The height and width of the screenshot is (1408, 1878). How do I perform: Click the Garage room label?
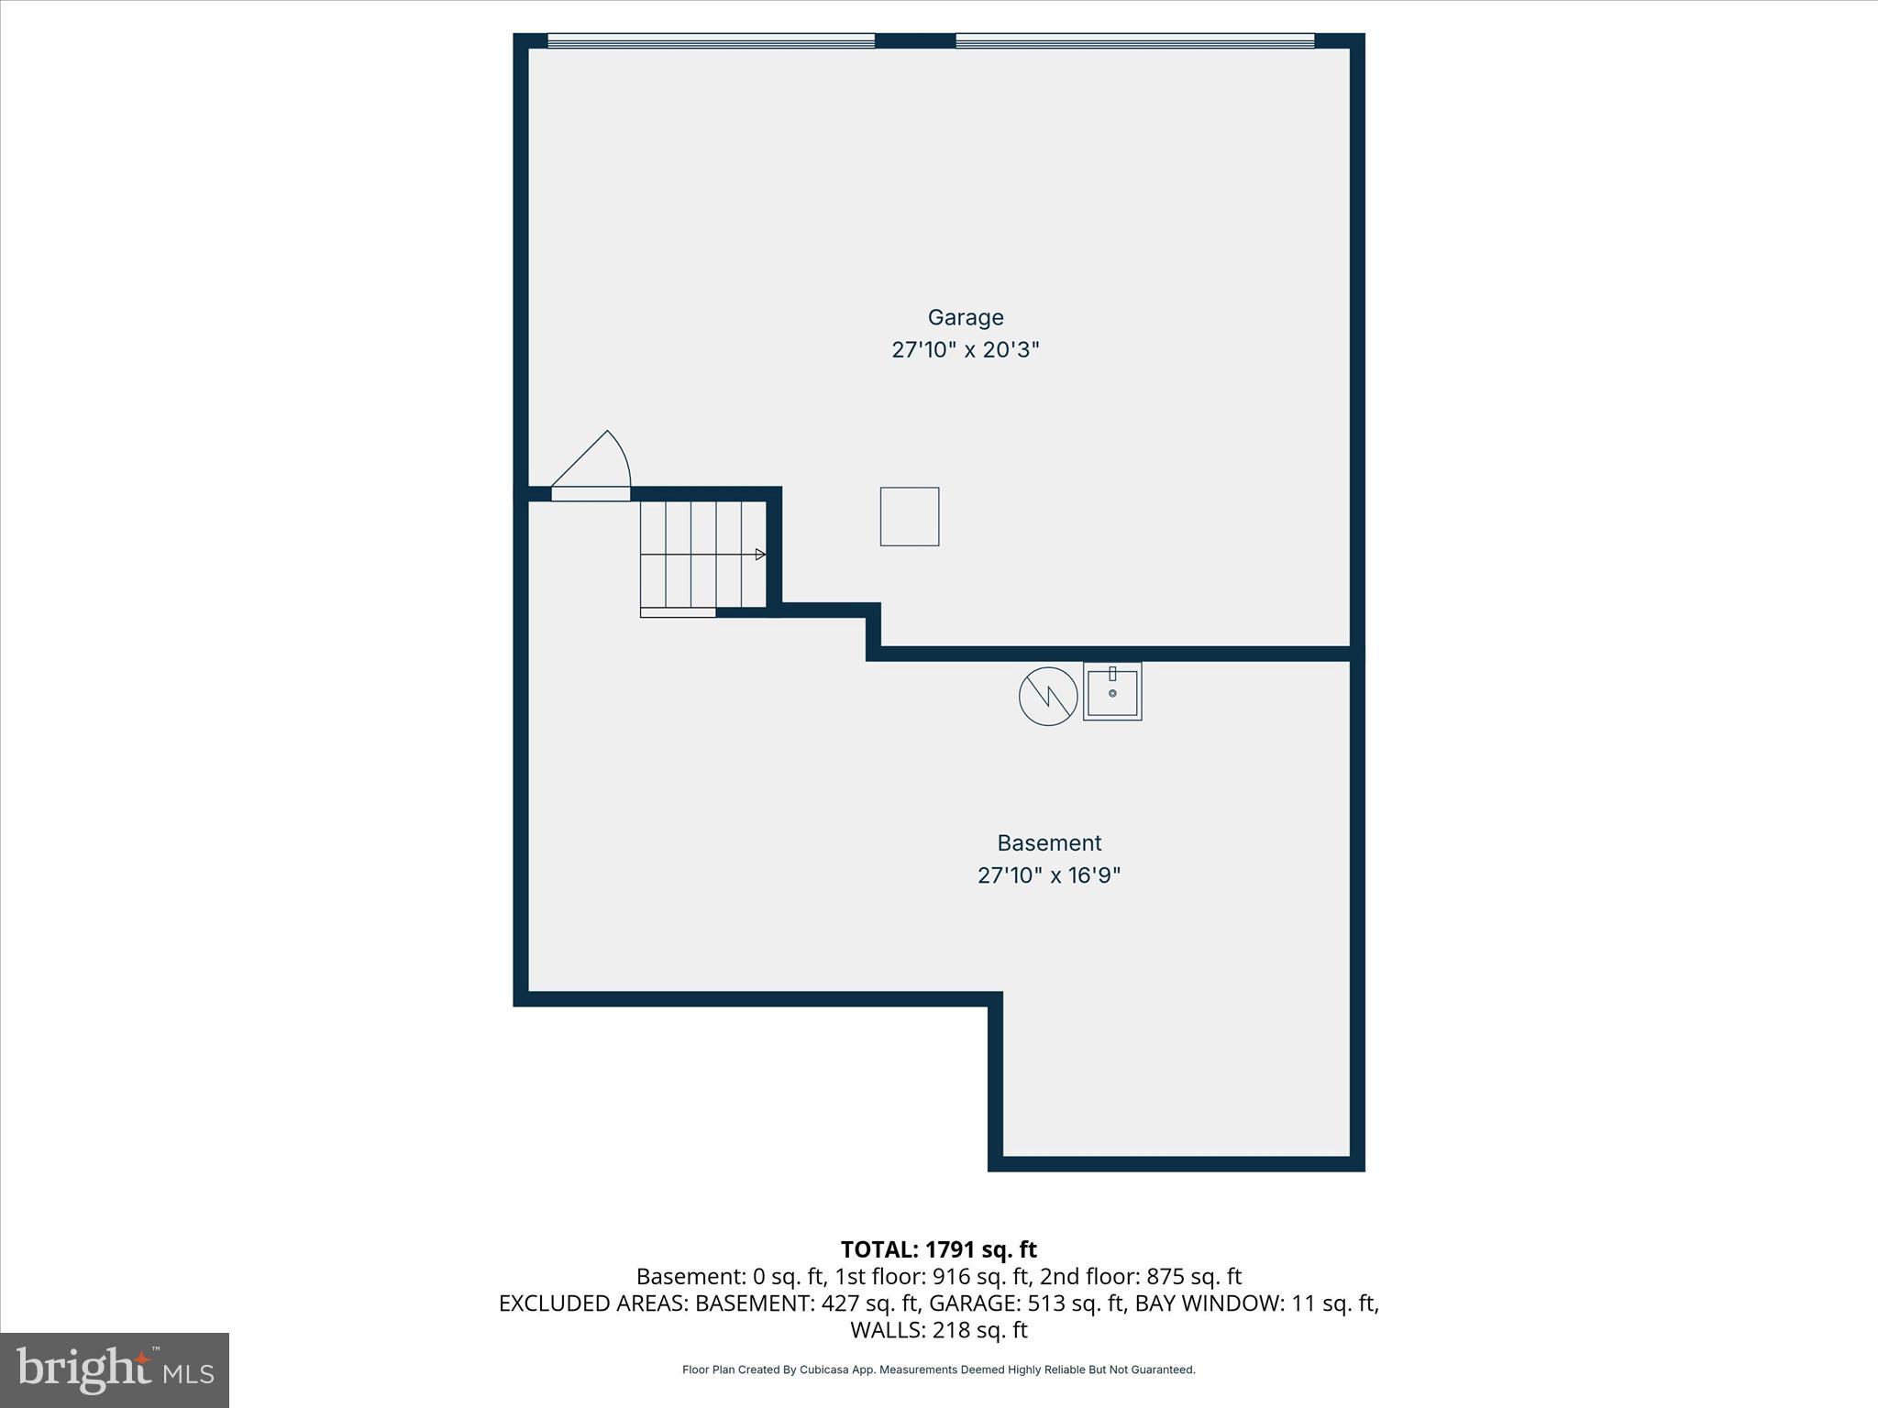(966, 317)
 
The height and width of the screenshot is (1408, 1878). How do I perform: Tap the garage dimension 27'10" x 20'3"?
(966, 350)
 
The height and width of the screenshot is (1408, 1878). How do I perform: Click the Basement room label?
(1049, 842)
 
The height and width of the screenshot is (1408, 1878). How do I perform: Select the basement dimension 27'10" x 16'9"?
(1049, 875)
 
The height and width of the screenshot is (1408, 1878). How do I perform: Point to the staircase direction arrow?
(759, 555)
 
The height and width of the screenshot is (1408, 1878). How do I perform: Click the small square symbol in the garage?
(910, 517)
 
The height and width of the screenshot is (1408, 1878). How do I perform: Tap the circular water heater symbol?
(1048, 697)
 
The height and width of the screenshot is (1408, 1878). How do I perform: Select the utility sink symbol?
(1112, 692)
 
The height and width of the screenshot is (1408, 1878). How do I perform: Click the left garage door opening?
(711, 40)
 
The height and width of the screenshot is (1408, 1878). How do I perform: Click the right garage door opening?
(1135, 40)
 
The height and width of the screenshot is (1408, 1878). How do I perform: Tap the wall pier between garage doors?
(915, 40)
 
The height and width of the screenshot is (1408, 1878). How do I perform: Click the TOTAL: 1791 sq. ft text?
(938, 1249)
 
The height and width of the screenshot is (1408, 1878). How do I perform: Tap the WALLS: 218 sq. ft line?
(938, 1330)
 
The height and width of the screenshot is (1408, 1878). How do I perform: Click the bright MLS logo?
(115, 1369)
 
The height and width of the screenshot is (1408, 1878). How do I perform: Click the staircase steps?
(701, 555)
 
